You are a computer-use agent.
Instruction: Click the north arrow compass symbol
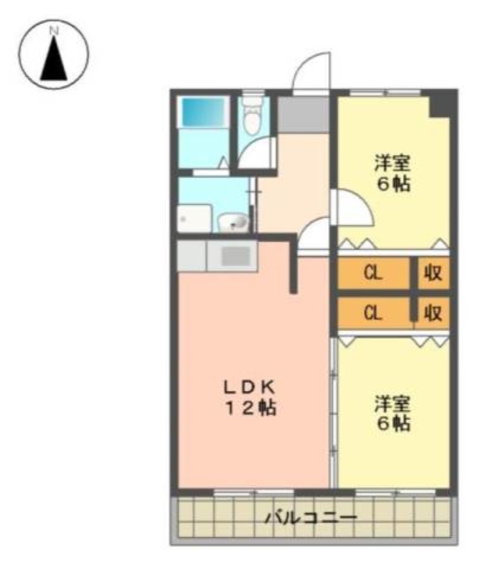click(x=54, y=55)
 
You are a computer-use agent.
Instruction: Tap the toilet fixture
click(x=252, y=115)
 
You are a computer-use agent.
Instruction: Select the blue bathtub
click(x=203, y=112)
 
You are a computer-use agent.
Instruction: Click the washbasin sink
click(x=233, y=222)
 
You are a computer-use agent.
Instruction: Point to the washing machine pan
click(x=194, y=218)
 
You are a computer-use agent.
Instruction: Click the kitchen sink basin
click(x=236, y=256)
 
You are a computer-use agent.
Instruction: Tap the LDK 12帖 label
click(x=250, y=398)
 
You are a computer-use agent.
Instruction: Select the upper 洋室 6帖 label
click(x=393, y=173)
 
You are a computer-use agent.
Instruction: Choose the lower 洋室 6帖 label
click(x=393, y=413)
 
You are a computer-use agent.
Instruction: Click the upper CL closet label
click(x=373, y=273)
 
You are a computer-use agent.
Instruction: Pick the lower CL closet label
click(x=373, y=312)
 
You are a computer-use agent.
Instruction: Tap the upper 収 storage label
click(x=433, y=273)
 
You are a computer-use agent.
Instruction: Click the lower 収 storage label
click(x=433, y=312)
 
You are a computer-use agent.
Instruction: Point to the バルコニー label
click(x=311, y=517)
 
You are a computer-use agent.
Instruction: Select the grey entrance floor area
click(x=303, y=115)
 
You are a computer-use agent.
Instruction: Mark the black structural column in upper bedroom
click(x=441, y=103)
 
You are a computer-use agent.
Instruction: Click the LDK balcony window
click(x=253, y=492)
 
